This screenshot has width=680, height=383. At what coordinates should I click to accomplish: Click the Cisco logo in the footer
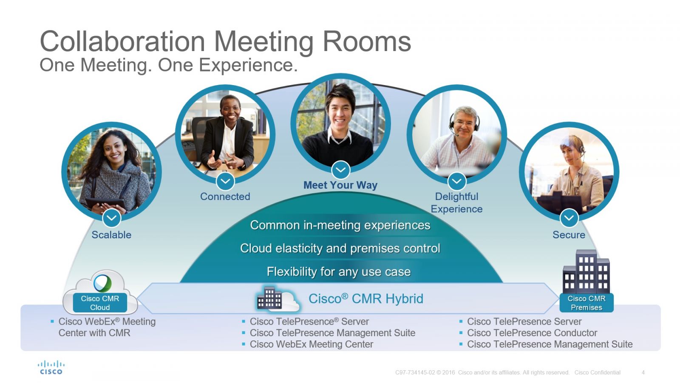(51, 368)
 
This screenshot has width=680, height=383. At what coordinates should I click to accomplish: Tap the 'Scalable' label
(111, 234)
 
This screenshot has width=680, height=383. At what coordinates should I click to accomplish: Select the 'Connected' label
(225, 196)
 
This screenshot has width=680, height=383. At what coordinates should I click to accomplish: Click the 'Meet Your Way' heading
(340, 185)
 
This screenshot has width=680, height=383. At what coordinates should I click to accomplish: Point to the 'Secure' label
(569, 234)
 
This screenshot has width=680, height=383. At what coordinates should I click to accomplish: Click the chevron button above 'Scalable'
(112, 218)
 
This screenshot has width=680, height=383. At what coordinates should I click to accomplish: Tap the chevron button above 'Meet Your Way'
(340, 170)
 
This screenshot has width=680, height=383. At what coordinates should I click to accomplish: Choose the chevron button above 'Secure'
(569, 217)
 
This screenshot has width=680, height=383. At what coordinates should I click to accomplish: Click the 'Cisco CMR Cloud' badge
(100, 303)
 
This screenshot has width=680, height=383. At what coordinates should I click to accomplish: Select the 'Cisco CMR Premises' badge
(586, 303)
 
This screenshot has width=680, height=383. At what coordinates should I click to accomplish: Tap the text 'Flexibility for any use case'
(338, 272)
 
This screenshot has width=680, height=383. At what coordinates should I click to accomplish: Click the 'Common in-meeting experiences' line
(340, 225)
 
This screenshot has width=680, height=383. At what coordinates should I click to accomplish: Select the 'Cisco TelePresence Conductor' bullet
(532, 333)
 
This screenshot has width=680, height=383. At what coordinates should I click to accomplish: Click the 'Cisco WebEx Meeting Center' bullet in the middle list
(311, 344)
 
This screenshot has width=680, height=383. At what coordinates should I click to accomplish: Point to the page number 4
(643, 372)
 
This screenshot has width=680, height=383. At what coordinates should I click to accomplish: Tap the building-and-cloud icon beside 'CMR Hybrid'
(278, 299)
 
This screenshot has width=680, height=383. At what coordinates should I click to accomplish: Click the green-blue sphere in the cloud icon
(102, 283)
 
